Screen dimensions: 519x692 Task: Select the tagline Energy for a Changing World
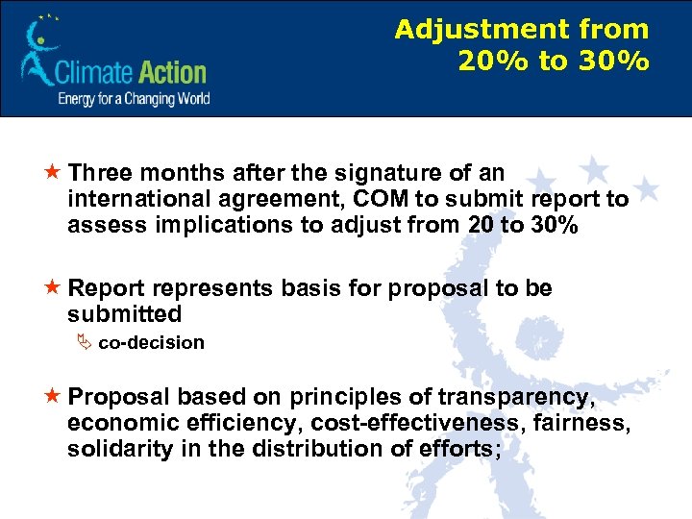coord(134,98)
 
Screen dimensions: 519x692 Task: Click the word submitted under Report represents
coord(124,314)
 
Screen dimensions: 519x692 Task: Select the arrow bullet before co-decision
coord(81,343)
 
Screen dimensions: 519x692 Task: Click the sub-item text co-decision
coord(151,343)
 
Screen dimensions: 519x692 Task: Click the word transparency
coord(514,397)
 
